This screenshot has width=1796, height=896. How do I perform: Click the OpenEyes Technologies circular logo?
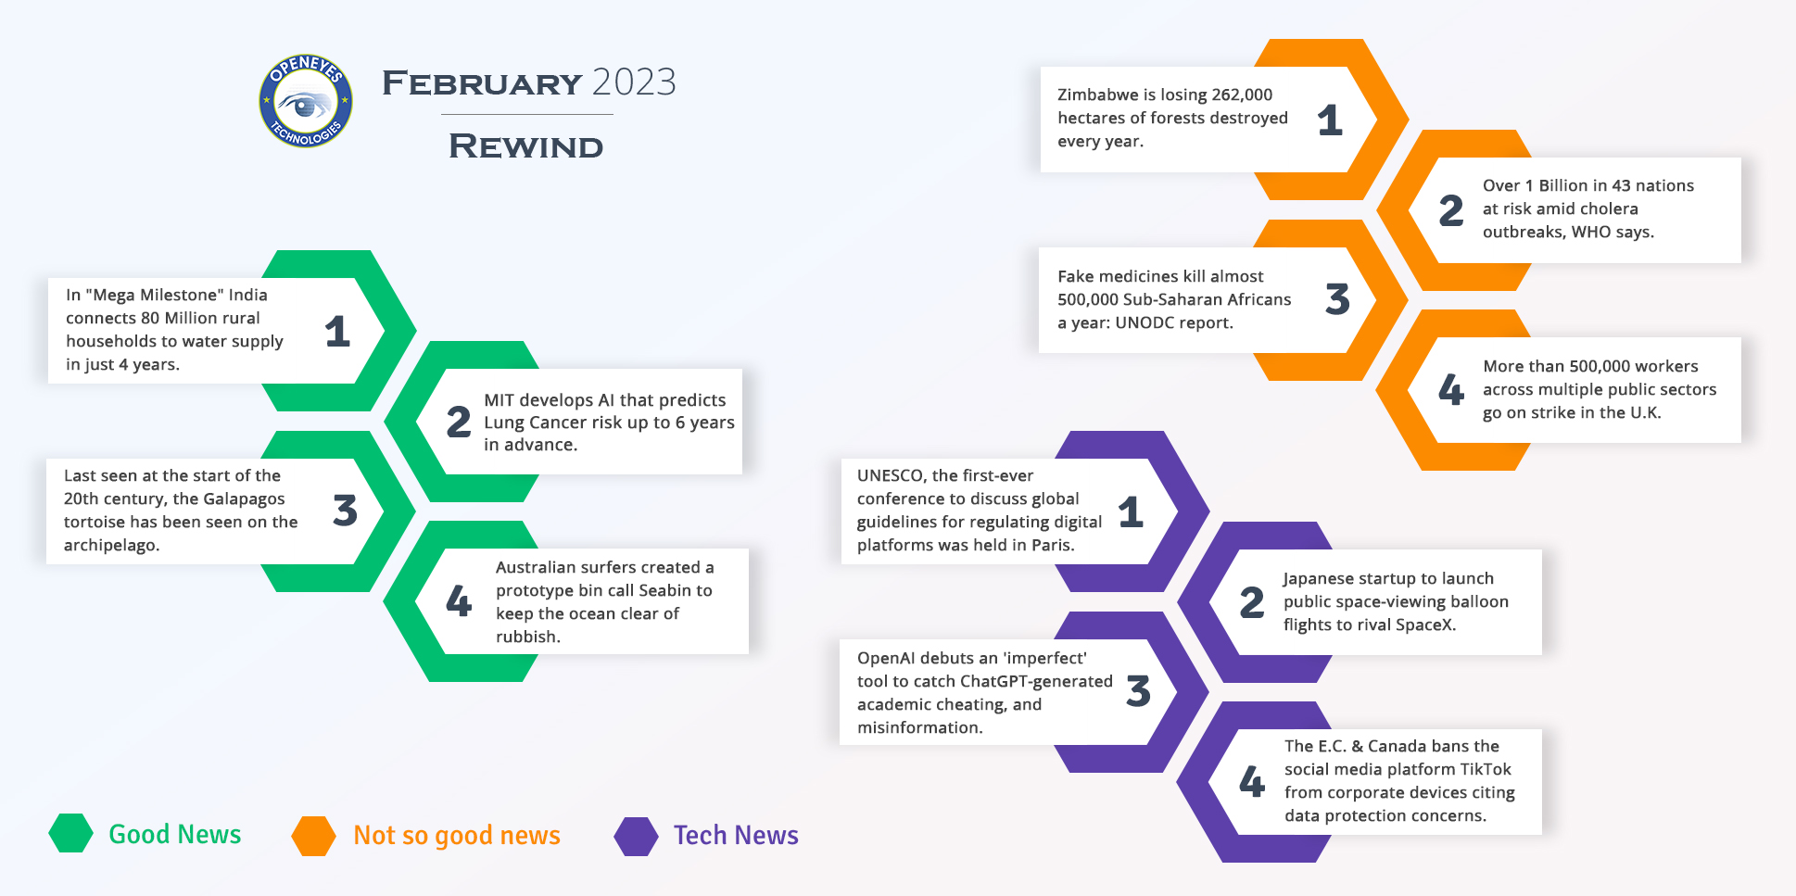tap(306, 101)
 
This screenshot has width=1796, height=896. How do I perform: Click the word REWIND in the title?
tap(526, 146)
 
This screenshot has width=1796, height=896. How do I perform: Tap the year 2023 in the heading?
tap(634, 82)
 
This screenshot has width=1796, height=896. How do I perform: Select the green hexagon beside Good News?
tap(71, 833)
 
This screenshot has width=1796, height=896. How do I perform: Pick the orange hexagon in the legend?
tap(313, 836)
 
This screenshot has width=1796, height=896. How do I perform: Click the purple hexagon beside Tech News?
tap(636, 836)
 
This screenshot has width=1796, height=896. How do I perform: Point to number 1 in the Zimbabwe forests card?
tap(1330, 120)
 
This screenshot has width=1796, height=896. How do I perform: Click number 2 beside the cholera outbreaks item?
tap(1451, 210)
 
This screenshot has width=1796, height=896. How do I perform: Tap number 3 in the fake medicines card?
tap(1337, 298)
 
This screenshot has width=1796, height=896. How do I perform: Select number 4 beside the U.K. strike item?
tap(1451, 389)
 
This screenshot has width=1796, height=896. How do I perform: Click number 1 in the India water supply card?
tap(337, 331)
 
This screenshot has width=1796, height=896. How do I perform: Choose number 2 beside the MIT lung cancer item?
tap(459, 422)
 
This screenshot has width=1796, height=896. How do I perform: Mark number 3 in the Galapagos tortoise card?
tap(345, 510)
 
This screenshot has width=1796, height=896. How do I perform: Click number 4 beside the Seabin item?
tap(459, 600)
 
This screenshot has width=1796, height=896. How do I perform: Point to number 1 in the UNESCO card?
tap(1131, 511)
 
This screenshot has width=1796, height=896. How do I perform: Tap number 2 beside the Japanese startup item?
tap(1252, 602)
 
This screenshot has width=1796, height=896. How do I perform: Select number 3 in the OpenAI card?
tap(1138, 691)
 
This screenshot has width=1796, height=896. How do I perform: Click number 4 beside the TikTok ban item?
tap(1252, 781)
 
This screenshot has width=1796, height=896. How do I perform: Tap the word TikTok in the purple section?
tap(1486, 769)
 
